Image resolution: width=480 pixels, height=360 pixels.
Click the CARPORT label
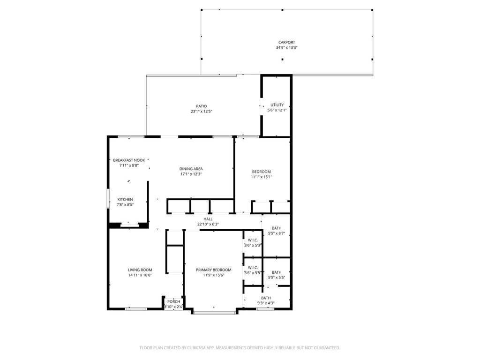click(x=286, y=43)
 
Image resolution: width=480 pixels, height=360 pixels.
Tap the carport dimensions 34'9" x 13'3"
click(x=286, y=48)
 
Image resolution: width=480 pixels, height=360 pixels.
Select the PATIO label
click(x=202, y=106)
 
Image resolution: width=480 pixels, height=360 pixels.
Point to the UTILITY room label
click(x=277, y=105)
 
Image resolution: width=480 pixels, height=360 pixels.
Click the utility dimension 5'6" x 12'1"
click(x=277, y=110)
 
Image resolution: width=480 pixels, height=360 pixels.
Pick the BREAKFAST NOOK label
click(x=129, y=160)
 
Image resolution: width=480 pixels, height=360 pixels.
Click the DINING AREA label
click(x=191, y=169)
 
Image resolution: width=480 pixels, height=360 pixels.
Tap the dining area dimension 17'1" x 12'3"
click(x=191, y=174)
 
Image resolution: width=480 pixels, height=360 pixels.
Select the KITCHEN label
click(x=125, y=199)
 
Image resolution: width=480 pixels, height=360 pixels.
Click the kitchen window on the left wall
click(x=108, y=199)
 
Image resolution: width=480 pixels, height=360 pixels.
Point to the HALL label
click(x=208, y=219)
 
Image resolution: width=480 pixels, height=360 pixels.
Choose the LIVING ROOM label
click(x=140, y=270)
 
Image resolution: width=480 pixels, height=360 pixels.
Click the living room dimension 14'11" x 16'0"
click(x=140, y=275)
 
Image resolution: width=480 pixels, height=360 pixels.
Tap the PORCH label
click(x=173, y=301)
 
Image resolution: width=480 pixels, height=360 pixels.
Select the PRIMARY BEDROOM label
click(x=214, y=270)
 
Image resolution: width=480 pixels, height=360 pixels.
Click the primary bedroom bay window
click(x=215, y=313)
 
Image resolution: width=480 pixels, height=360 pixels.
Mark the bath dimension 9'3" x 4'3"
click(x=266, y=303)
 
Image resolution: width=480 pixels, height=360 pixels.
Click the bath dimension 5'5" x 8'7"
click(x=277, y=233)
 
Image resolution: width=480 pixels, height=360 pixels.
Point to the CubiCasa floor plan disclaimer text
click(x=240, y=348)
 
